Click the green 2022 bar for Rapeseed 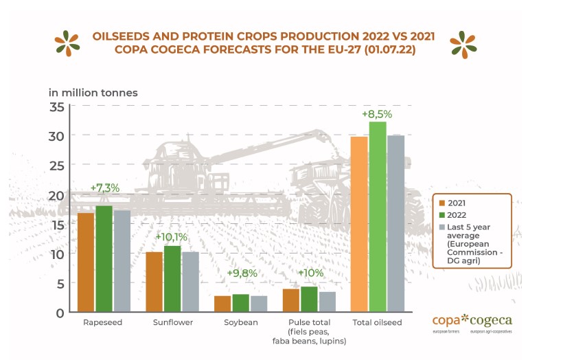point(104,258)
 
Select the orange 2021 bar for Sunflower point(154,282)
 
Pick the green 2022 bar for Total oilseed point(378,216)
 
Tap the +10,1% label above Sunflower point(171,237)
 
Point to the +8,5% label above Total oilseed point(377,113)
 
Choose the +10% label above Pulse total point(310,273)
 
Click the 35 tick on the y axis point(56,106)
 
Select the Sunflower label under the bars point(172,322)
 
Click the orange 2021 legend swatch point(441,203)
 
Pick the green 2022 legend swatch point(441,215)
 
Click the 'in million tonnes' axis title point(93,92)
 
